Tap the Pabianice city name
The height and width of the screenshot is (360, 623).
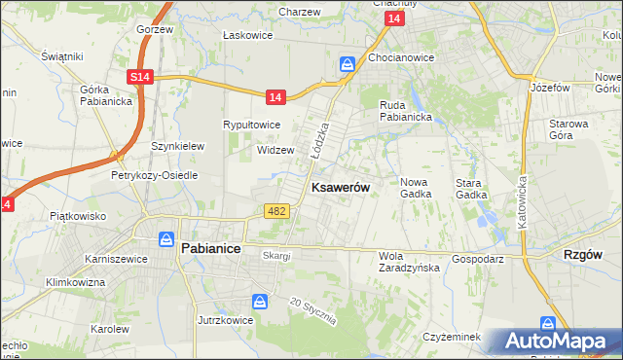point(211,248)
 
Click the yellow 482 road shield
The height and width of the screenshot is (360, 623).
point(275,211)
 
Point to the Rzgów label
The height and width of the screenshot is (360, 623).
point(584,254)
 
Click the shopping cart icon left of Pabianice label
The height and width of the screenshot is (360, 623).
point(166,238)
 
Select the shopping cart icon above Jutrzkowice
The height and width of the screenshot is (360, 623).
point(260,302)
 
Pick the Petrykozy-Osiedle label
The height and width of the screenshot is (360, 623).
point(154,176)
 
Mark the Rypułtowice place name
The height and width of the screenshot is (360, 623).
point(252,126)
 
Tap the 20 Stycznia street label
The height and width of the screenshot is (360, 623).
point(312,309)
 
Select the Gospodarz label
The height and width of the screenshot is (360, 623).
point(477,261)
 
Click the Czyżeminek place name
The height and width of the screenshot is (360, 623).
point(453,336)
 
